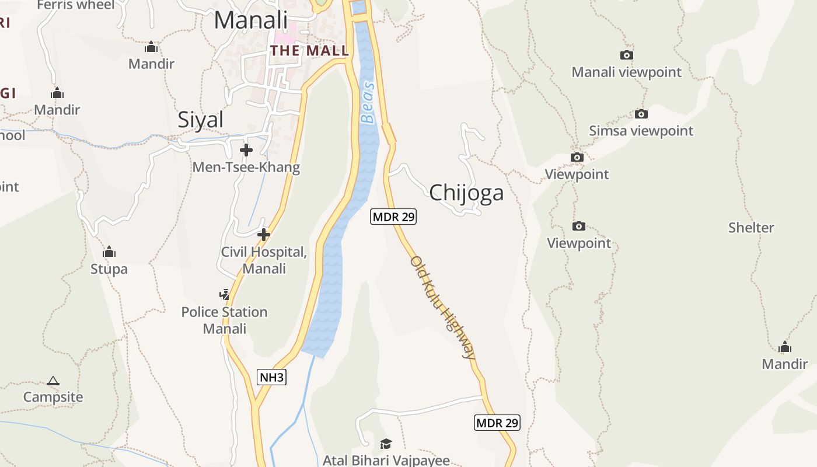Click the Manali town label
[x=251, y=20]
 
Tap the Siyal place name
[x=200, y=120]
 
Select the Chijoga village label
[x=466, y=193]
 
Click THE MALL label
[x=309, y=51]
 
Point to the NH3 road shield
[x=272, y=377]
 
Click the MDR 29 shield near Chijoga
[x=393, y=217]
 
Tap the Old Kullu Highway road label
[x=443, y=307]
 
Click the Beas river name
[x=368, y=103]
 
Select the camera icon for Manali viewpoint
[x=626, y=55]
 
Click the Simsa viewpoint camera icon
[x=641, y=114]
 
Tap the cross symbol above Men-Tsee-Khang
[x=246, y=150]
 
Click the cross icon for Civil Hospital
[x=264, y=235]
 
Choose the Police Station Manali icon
[x=225, y=294]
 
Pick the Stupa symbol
[x=109, y=252]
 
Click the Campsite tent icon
[x=53, y=381]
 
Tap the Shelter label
[x=751, y=228]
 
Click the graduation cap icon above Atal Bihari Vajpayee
[x=386, y=444]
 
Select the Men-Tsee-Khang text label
[x=246, y=168]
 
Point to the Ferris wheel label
[x=76, y=5]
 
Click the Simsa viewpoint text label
[x=641, y=131]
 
